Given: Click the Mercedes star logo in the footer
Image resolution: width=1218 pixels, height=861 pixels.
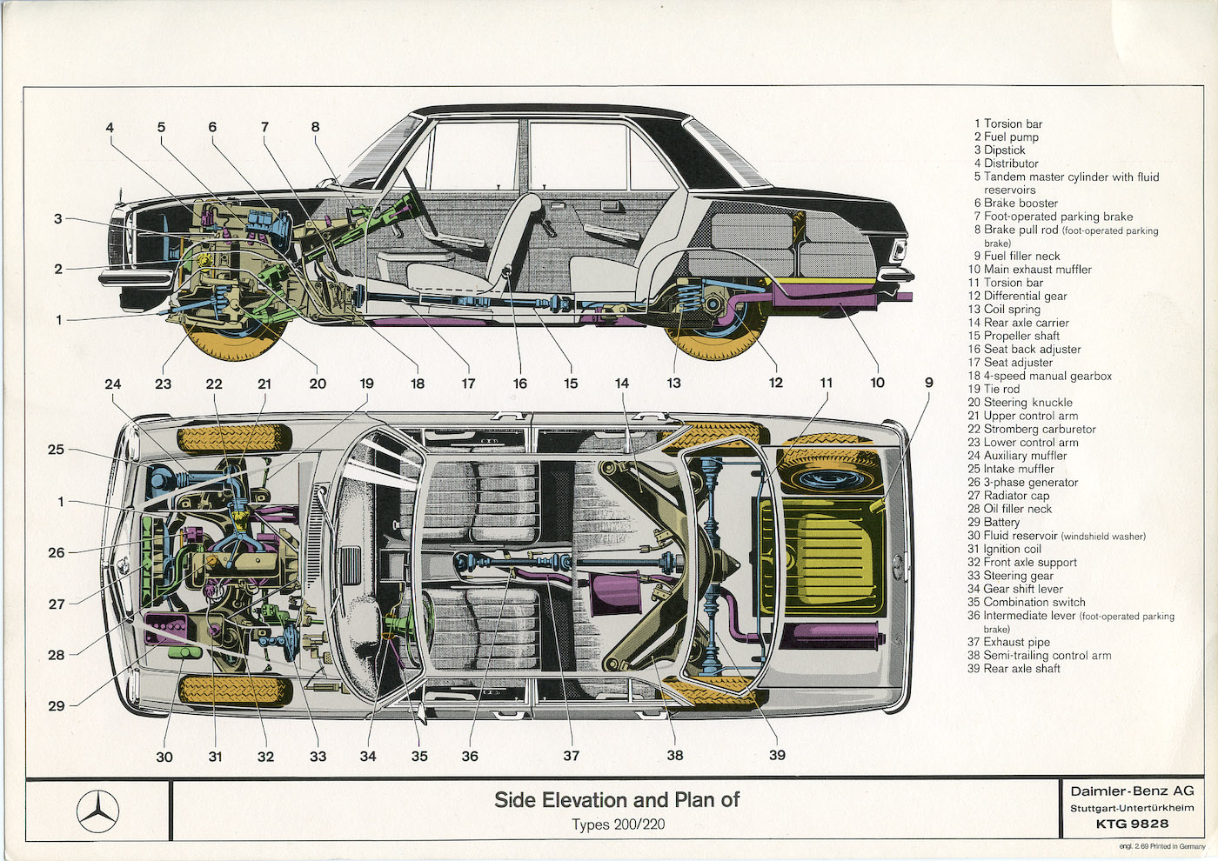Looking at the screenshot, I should tap(97, 811).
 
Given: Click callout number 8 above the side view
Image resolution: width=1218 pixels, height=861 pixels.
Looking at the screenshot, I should tap(316, 127).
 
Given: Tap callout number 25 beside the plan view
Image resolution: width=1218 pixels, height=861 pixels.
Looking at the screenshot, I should tap(57, 450).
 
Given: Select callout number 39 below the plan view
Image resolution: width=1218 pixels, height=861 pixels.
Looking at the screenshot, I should tap(777, 755).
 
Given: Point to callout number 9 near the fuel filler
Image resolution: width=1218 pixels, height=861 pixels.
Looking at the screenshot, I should tap(929, 383).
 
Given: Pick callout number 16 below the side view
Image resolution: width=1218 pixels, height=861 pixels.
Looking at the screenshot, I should tap(519, 384).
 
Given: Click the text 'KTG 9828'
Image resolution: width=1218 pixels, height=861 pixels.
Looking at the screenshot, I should tap(1132, 824).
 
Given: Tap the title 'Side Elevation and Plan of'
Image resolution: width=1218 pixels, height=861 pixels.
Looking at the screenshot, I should tap(617, 800).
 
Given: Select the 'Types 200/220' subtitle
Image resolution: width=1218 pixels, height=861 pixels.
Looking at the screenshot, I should tap(617, 824).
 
